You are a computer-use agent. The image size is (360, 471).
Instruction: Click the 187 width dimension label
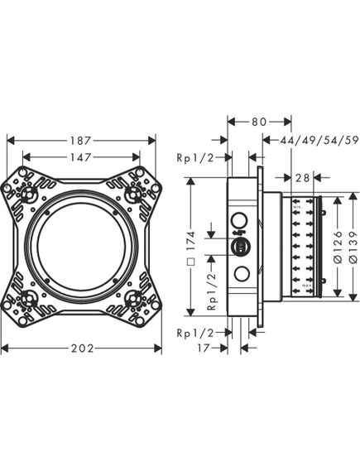point(82,141)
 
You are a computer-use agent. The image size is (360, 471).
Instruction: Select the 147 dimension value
point(82,156)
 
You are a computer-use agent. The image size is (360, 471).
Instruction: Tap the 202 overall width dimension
point(82,348)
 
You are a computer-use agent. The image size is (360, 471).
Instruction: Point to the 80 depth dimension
point(258,122)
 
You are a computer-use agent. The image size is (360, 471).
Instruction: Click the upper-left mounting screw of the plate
point(31,196)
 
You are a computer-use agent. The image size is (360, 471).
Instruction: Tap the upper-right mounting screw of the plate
point(132,196)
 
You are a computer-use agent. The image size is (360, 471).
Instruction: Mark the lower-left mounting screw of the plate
point(31,296)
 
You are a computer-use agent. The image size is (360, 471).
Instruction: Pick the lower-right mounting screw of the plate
point(132,296)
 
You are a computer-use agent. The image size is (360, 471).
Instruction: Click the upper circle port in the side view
point(242,219)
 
